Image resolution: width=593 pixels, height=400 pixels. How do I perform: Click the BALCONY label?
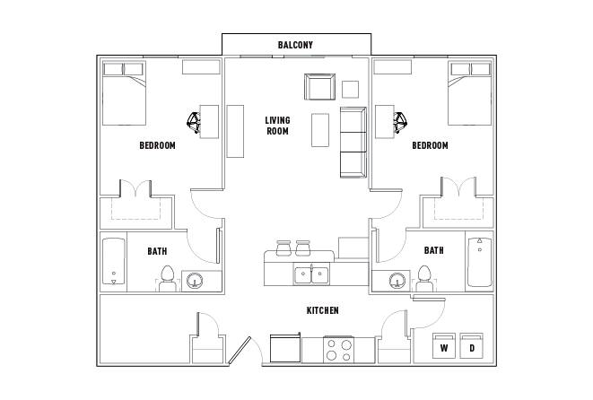pyautogui.click(x=294, y=45)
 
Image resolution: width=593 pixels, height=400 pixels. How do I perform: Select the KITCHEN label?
pyautogui.click(x=322, y=310)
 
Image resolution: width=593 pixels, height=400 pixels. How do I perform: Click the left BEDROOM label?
pyautogui.click(x=157, y=145)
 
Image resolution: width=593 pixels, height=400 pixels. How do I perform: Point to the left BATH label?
pyautogui.click(x=157, y=251)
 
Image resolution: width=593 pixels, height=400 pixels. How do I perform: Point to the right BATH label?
pyautogui.click(x=433, y=251)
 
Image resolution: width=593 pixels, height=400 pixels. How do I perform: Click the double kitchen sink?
pyautogui.click(x=311, y=273)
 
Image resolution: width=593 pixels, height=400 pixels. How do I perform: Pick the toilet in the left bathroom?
pyautogui.click(x=166, y=277)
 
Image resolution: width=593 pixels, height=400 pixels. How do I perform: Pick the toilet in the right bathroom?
pyautogui.click(x=425, y=277)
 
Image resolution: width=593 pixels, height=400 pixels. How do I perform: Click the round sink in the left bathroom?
pyautogui.click(x=195, y=282)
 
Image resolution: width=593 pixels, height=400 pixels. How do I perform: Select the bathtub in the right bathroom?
pyautogui.click(x=479, y=261)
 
